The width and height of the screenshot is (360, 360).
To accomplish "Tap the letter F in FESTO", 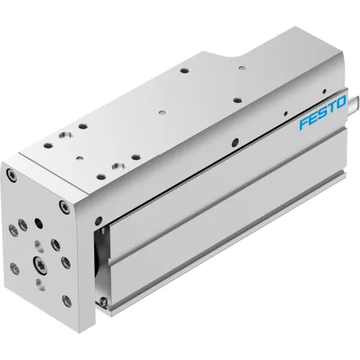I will tap(302, 124).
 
